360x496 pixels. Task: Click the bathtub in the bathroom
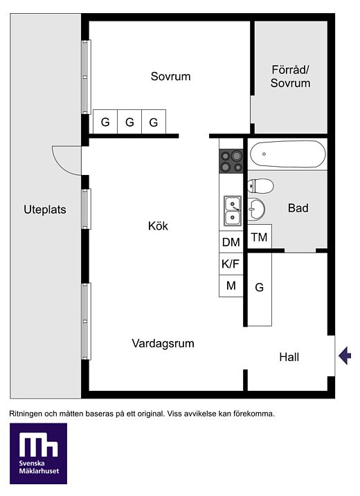[287, 154]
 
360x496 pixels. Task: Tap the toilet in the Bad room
[260, 186]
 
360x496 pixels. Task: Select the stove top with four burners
[231, 161]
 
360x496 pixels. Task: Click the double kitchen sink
[233, 211]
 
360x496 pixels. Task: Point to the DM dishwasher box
[231, 242]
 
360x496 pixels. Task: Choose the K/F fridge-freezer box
[231, 264]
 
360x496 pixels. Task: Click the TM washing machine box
[260, 237]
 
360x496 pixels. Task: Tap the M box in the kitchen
[231, 286]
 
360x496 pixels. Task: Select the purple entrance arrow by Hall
[345, 356]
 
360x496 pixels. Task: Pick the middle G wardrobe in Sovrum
[129, 122]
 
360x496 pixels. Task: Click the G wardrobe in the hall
[260, 288]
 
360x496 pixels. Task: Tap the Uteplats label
[45, 210]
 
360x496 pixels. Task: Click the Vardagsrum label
[163, 344]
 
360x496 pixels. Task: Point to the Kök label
[158, 226]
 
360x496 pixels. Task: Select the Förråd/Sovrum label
[290, 76]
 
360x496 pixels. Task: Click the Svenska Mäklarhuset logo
[38, 453]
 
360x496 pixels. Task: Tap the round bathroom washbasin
[256, 209]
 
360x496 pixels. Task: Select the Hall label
[289, 357]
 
